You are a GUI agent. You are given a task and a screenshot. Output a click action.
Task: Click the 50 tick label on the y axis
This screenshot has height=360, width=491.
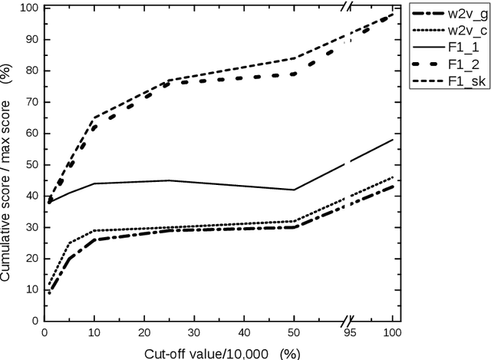pyautogui.click(x=33, y=164)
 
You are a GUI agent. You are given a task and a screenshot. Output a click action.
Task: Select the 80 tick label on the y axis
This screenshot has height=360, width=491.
pyautogui.click(x=33, y=71)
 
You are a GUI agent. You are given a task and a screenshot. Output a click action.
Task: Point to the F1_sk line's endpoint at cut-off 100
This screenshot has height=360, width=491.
pyautogui.click(x=393, y=14)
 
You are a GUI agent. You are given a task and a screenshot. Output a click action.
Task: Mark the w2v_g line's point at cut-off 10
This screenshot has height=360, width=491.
pyautogui.click(x=94, y=239)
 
